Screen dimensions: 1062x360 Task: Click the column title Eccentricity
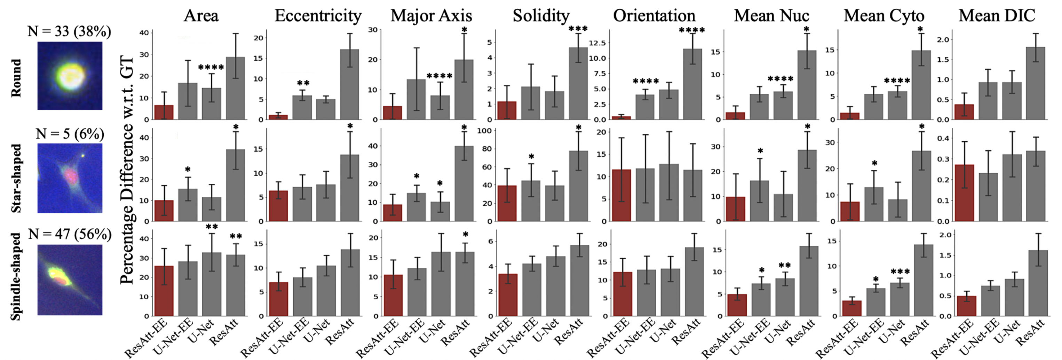(x=318, y=16)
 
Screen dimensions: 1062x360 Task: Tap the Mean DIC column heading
(x=997, y=16)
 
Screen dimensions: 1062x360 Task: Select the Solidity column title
(x=541, y=16)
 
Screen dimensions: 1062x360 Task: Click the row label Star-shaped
(x=16, y=178)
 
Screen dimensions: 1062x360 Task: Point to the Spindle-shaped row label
(x=16, y=277)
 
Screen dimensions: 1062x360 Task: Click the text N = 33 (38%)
(x=69, y=31)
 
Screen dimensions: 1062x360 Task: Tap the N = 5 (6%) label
(x=70, y=134)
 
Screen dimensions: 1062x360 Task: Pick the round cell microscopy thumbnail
(x=70, y=76)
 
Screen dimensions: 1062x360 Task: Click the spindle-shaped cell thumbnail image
(x=70, y=280)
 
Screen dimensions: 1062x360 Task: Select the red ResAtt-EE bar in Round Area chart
(x=164, y=112)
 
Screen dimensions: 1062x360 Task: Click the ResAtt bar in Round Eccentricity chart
(x=350, y=85)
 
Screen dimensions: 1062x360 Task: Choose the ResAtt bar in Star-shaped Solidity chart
(x=578, y=186)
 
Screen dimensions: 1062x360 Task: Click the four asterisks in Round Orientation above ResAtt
(x=692, y=30)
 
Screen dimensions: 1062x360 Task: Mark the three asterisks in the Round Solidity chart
(x=578, y=29)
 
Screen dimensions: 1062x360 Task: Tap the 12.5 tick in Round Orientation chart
(x=597, y=43)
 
